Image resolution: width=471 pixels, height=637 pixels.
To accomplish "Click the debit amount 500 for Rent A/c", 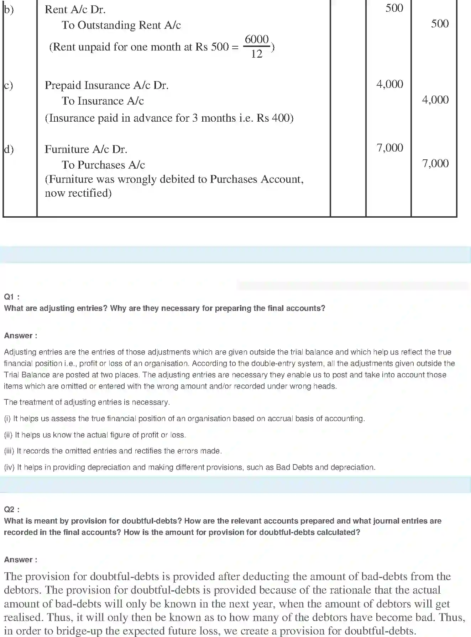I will click(394, 8).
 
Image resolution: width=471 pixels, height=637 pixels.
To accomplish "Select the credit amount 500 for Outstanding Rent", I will click(440, 24).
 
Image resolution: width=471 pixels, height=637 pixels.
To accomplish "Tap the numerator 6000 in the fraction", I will click(257, 39).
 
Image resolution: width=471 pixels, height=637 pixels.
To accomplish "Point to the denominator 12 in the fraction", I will click(256, 54).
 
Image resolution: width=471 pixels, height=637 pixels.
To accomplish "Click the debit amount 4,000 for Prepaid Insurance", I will click(390, 84).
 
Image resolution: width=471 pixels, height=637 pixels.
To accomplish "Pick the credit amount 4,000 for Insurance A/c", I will click(435, 100).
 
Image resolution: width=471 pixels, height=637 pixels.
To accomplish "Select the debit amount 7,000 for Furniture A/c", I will click(390, 148).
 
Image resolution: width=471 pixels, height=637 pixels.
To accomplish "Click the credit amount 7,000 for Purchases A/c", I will click(435, 164).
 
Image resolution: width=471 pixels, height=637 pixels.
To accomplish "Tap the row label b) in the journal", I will click(9, 10).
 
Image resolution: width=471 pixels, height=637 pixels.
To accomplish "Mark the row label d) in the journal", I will click(9, 149).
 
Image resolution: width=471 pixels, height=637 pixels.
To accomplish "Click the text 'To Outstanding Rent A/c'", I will click(121, 25).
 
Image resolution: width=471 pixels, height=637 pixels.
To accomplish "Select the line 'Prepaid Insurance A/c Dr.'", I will click(106, 85).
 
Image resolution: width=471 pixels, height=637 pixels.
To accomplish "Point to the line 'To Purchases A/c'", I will click(103, 165).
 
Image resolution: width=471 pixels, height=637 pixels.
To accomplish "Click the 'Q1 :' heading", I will click(12, 297).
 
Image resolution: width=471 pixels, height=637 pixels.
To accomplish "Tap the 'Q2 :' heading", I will click(12, 510).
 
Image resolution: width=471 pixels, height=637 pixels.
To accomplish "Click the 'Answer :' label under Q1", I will click(21, 336).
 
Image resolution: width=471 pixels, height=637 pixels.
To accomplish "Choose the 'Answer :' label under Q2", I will click(21, 560).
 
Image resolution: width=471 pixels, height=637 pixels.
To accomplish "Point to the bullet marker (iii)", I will click(9, 451).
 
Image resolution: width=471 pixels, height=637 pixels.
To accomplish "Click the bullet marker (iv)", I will click(9, 467).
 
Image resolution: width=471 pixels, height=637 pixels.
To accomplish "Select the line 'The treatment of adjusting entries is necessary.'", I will click(87, 402).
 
